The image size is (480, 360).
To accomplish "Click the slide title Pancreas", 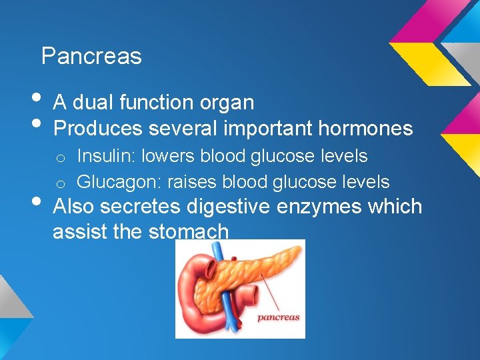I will point(91,57).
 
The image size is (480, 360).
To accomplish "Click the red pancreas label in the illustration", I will point(279,317).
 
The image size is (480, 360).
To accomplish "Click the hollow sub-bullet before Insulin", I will point(60,158).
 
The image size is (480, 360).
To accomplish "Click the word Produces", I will point(98,127).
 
